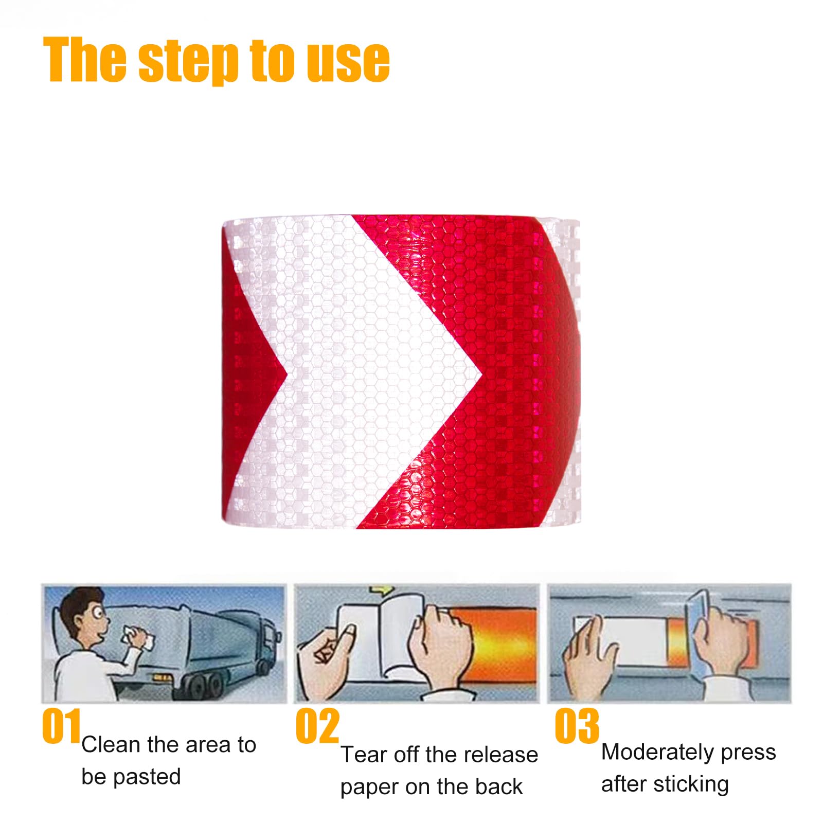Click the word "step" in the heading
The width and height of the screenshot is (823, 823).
point(188,62)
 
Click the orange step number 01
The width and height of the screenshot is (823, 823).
point(61,725)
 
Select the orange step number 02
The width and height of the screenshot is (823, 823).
point(317,725)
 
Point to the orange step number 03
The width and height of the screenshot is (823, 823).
point(577,725)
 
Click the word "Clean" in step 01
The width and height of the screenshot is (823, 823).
point(111,744)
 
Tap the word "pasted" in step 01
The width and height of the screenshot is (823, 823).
point(147,777)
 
